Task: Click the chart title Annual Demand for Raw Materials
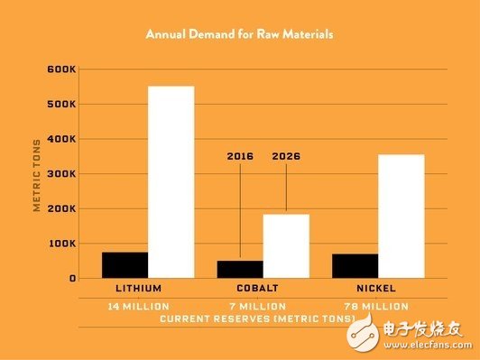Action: (x=239, y=34)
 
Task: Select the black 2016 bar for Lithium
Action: (x=125, y=264)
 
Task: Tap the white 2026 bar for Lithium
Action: (x=171, y=181)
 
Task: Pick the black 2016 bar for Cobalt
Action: (x=240, y=269)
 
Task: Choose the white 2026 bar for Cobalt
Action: (x=286, y=245)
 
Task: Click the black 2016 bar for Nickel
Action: (x=355, y=265)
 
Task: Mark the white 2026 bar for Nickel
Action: (x=402, y=216)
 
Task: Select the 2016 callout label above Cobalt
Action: (x=240, y=156)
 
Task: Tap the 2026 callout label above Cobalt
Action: (x=286, y=156)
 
